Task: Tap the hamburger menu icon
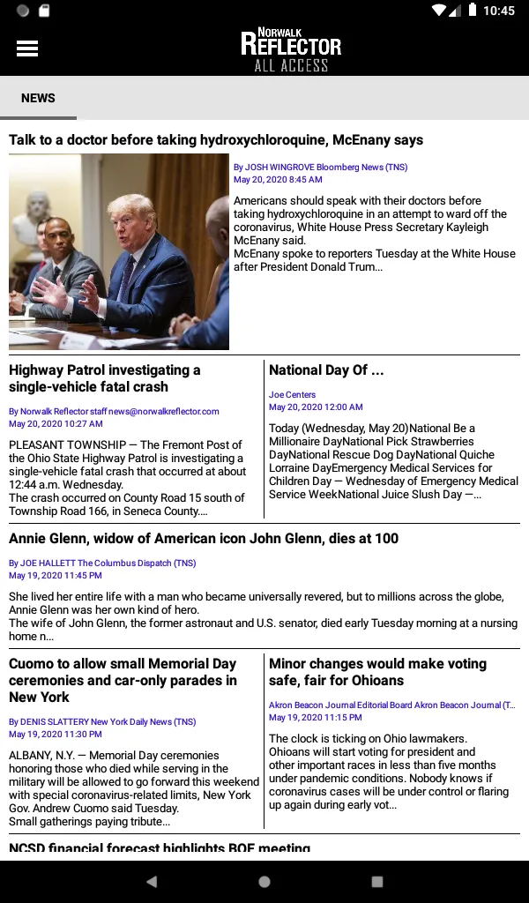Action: click(x=27, y=49)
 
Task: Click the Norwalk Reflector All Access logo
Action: click(x=291, y=50)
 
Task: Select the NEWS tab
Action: click(x=38, y=98)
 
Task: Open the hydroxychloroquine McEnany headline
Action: click(x=216, y=140)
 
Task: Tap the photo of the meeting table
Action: click(x=119, y=252)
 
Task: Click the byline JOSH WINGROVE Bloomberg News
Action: click(x=320, y=167)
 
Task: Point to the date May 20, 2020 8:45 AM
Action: click(x=278, y=180)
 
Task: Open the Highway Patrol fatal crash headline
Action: click(x=105, y=378)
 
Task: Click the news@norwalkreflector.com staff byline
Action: click(x=114, y=411)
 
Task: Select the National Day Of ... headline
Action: click(x=326, y=370)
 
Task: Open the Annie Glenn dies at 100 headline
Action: click(x=204, y=539)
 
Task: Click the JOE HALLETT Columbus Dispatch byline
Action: click(x=102, y=563)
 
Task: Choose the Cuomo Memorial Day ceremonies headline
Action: click(x=123, y=680)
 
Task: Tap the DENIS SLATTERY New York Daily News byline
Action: click(x=102, y=721)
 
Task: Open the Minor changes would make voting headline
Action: click(x=377, y=672)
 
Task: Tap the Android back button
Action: click(x=152, y=881)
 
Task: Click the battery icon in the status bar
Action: click(x=473, y=11)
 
